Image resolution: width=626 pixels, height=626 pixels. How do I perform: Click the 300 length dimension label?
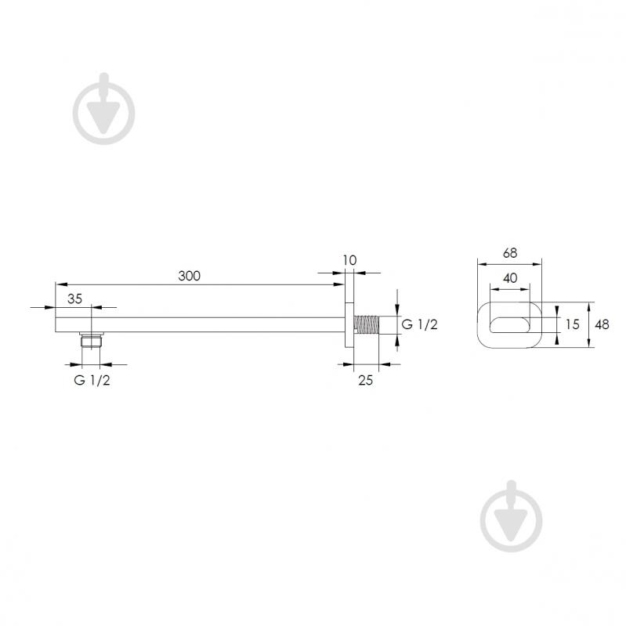click(x=190, y=276)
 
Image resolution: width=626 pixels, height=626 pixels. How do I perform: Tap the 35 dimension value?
click(x=74, y=299)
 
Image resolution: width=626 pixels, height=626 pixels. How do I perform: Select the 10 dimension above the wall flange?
click(x=349, y=260)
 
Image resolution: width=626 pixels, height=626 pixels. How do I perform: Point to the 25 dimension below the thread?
click(x=365, y=380)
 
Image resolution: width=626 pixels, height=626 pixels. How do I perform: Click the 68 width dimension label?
click(x=510, y=253)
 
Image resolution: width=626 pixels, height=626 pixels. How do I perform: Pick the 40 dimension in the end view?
click(x=510, y=278)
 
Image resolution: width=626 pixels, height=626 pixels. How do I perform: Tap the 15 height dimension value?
click(x=572, y=324)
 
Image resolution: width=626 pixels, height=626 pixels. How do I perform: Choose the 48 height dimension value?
click(x=602, y=324)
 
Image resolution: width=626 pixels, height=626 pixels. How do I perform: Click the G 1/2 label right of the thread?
click(x=419, y=324)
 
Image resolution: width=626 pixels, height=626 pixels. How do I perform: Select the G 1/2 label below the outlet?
click(x=92, y=380)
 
